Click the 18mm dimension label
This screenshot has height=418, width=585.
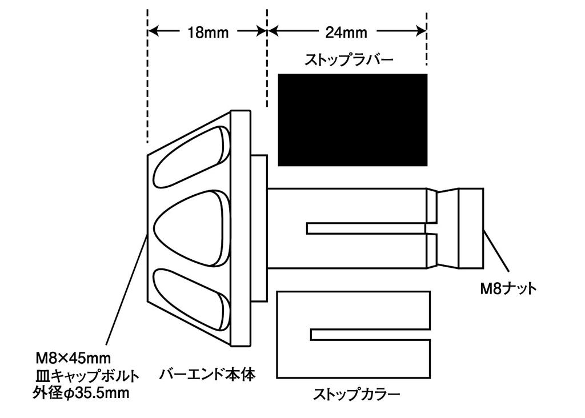[207, 32]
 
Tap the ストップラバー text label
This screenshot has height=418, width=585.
[349, 60]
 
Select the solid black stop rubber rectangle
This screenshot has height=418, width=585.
[352, 119]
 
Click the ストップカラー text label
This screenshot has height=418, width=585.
[356, 394]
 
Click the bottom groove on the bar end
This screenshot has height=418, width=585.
[191, 299]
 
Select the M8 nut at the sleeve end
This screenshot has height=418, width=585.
[471, 228]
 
